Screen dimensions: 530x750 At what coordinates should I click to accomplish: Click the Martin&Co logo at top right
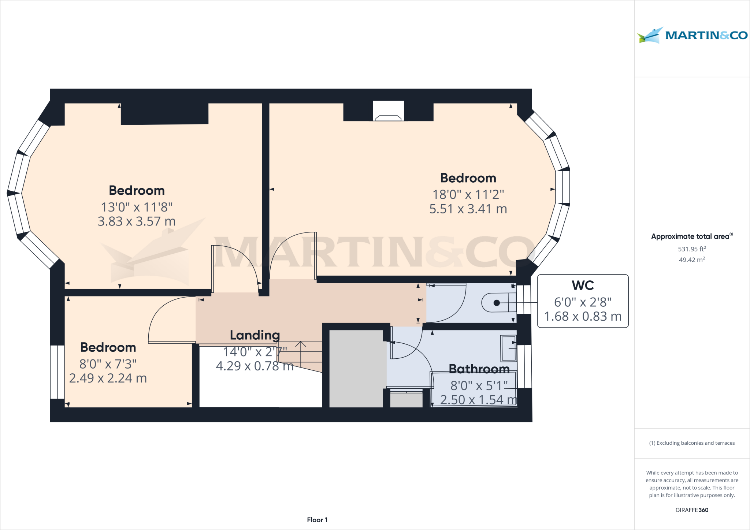point(692,36)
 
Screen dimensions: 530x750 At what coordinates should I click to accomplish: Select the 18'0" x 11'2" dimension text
point(468,194)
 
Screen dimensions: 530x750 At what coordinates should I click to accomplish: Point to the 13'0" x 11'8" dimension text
point(137,207)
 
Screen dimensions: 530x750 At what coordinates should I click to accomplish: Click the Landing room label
point(255,335)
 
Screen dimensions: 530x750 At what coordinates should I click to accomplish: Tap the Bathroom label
point(479,369)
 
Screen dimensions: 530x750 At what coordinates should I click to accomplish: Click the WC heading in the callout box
point(583,285)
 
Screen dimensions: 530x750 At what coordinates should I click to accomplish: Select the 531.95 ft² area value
point(692,249)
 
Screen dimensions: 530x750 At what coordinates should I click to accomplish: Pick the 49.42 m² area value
point(692,260)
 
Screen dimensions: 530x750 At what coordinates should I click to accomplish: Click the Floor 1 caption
point(317,520)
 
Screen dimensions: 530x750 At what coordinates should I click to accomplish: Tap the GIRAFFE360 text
point(692,510)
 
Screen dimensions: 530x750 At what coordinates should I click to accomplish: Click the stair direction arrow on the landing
point(301,353)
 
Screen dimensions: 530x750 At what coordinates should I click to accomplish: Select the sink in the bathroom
point(509,348)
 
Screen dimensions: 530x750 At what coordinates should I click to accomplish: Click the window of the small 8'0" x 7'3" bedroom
point(57,372)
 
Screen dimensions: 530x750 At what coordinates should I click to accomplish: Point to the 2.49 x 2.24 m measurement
point(108,378)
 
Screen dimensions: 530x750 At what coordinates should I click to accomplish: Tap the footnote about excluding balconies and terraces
point(692,443)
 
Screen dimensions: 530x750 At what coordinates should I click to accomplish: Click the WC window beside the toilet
point(524,299)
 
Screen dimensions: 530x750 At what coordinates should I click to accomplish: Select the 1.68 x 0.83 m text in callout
point(583,316)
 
